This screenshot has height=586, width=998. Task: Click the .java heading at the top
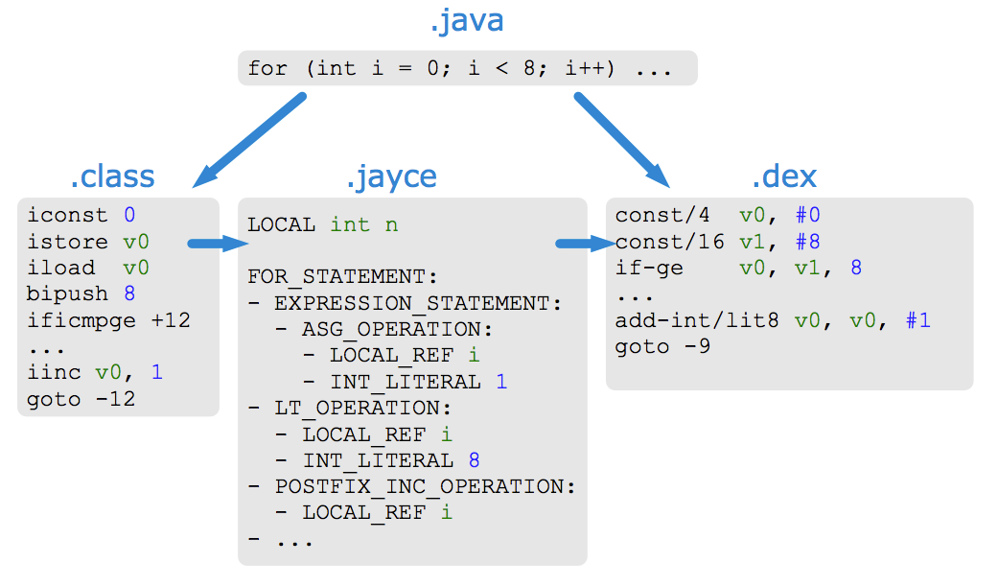coord(466,21)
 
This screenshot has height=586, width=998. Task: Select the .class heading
coord(112,176)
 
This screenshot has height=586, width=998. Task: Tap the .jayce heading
coord(391,176)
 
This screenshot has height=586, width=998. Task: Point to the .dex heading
coord(784,176)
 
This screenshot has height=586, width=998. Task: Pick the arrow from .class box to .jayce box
coord(217,244)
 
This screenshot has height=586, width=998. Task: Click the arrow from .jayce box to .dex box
coord(586,244)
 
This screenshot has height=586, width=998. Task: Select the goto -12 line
coord(81,399)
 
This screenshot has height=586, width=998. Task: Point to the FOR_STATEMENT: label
coord(342,277)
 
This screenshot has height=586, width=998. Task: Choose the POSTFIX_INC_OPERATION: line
coord(425,486)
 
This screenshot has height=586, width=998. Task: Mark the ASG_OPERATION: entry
coord(396,329)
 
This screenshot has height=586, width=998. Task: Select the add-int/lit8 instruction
coord(698,320)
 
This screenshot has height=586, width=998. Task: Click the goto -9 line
coord(663,346)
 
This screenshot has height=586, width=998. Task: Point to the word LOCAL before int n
coord(282,225)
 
